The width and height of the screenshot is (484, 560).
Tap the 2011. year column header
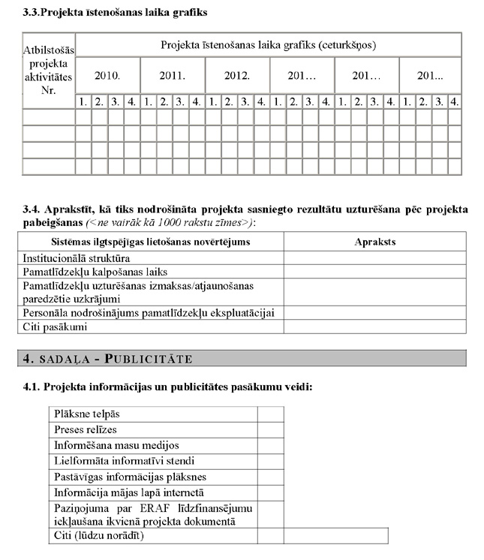click(x=172, y=76)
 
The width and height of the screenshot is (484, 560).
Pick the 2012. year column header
click(x=236, y=76)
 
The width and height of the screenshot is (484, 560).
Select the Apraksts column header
click(x=374, y=242)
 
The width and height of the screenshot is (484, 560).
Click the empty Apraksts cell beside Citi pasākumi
click(x=374, y=327)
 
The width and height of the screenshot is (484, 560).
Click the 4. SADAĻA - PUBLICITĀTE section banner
click(x=242, y=358)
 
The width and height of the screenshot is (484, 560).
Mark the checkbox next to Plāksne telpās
click(x=270, y=414)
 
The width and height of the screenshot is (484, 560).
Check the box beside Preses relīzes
click(x=270, y=429)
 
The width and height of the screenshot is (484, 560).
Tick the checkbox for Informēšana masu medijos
click(x=270, y=445)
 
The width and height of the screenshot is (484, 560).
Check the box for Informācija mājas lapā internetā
click(x=270, y=492)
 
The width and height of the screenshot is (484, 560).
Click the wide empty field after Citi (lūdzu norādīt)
click(x=335, y=536)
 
